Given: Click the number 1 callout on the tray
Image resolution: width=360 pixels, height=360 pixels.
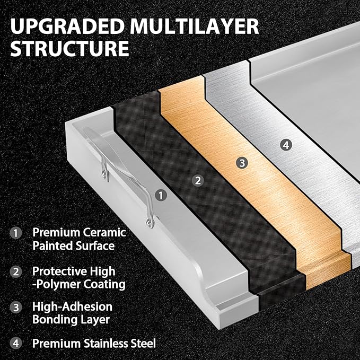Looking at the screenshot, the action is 161,196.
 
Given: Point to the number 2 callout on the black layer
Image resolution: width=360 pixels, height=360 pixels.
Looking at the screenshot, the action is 198,180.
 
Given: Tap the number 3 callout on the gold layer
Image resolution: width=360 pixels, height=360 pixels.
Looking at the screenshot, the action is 242,163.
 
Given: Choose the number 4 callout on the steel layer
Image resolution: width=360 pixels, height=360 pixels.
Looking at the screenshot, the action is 286,145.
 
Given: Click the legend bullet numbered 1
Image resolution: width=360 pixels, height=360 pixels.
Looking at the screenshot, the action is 16,233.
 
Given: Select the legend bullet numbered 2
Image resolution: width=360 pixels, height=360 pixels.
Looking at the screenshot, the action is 16,271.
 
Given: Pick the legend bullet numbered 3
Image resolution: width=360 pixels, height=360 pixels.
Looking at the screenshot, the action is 16,307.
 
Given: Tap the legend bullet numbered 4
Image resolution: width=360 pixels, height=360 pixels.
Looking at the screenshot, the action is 16,344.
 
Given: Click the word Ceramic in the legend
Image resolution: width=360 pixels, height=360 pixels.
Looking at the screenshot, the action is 104,232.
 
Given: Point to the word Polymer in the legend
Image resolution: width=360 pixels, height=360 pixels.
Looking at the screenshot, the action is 58,285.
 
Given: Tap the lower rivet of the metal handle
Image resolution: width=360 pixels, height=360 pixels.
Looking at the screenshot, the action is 150,223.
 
